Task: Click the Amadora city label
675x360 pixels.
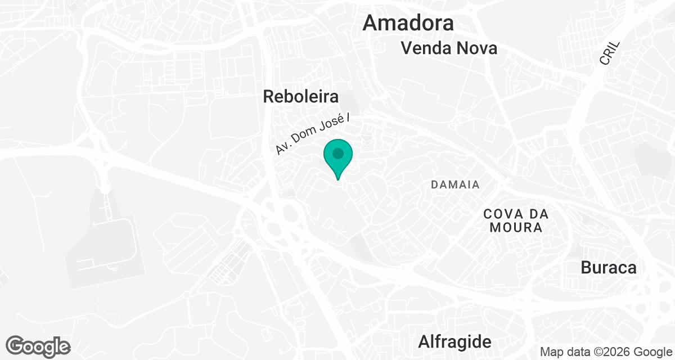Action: (x=408, y=23)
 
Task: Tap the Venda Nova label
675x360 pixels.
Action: (x=449, y=48)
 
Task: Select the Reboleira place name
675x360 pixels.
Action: (x=301, y=97)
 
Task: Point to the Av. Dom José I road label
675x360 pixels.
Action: (x=318, y=132)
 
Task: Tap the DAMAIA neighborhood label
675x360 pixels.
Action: (x=455, y=184)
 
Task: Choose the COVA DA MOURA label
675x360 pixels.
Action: (x=516, y=220)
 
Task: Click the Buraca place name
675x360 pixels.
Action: (x=609, y=268)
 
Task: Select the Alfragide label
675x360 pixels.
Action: (x=454, y=341)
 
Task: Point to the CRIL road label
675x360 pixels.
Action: (x=609, y=52)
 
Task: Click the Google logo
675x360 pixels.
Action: (x=38, y=346)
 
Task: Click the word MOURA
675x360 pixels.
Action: (x=516, y=228)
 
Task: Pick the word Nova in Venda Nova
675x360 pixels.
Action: (x=476, y=48)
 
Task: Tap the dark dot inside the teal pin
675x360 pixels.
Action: (x=337, y=153)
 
